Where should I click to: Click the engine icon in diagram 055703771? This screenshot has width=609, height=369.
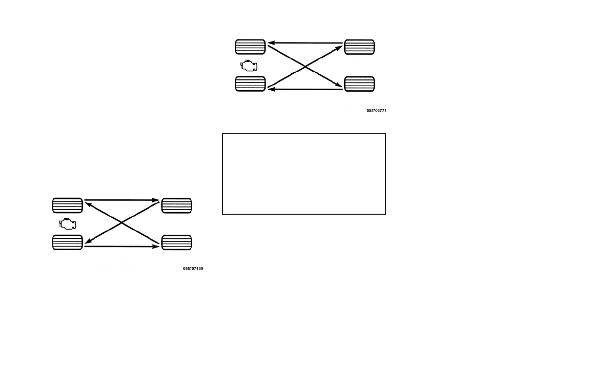click(x=250, y=66)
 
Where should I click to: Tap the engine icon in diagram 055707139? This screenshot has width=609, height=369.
click(x=68, y=224)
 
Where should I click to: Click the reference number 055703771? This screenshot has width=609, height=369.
click(x=376, y=110)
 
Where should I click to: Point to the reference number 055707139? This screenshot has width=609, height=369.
click(x=193, y=269)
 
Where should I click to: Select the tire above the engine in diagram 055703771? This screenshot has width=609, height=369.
click(x=250, y=47)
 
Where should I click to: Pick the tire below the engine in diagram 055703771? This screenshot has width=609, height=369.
click(x=250, y=84)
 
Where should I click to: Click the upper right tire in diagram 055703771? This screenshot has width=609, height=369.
click(x=359, y=47)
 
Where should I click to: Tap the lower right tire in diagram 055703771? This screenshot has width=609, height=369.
click(x=359, y=84)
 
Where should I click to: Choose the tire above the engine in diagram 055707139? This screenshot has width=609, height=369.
click(x=68, y=206)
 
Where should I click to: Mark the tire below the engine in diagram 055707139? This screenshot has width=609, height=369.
click(x=68, y=242)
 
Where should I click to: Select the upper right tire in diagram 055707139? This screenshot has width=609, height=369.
click(x=177, y=206)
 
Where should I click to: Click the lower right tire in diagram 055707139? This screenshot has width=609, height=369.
click(x=177, y=242)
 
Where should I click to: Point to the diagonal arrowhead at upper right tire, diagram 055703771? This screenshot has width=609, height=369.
click(x=339, y=47)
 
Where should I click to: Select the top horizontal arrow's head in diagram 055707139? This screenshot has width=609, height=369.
click(x=157, y=200)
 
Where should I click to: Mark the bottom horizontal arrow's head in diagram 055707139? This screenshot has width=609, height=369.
click(x=157, y=247)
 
